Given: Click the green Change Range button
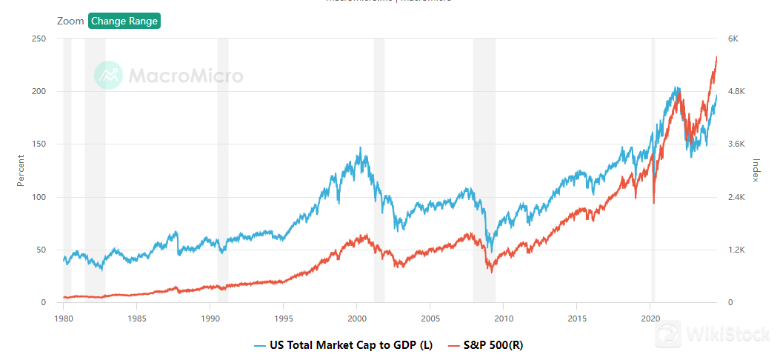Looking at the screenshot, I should pyautogui.click(x=124, y=21).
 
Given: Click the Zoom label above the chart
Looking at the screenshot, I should pyautogui.click(x=70, y=21).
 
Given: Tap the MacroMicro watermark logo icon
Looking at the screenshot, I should pyautogui.click(x=108, y=76).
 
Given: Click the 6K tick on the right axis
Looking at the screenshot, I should pyautogui.click(x=733, y=39).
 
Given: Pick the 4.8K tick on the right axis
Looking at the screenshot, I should pyautogui.click(x=738, y=91).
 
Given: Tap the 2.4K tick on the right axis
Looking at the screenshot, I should pyautogui.click(x=738, y=197).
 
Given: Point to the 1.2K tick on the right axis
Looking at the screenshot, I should pyautogui.click(x=738, y=250).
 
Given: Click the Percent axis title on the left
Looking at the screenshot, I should pyautogui.click(x=21, y=170).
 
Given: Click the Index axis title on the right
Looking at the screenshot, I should pyautogui.click(x=756, y=170).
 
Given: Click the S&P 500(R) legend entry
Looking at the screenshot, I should pyautogui.click(x=486, y=345).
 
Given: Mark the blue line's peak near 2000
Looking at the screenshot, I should pyautogui.click(x=360, y=147).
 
